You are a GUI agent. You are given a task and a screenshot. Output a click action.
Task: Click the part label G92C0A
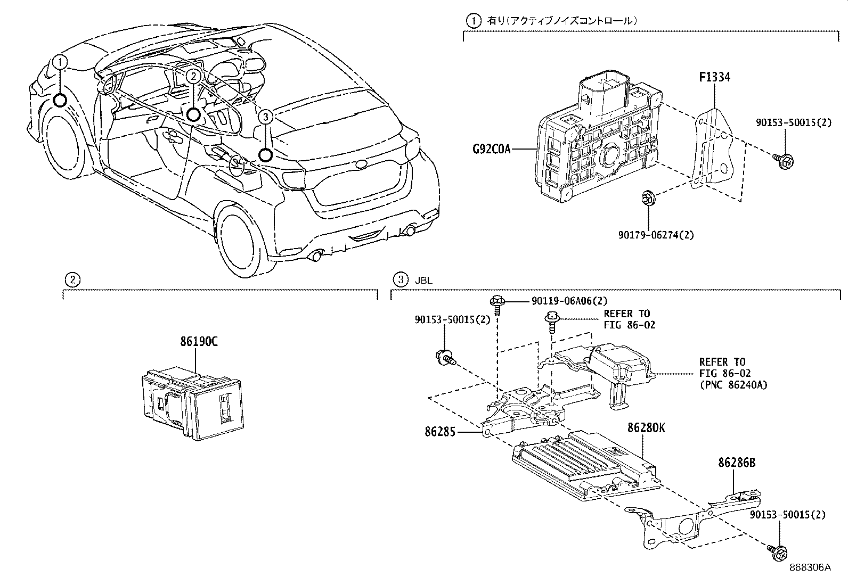click(x=492, y=150)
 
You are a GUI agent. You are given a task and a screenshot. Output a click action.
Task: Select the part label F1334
click(x=714, y=77)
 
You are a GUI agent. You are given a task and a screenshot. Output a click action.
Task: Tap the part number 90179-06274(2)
click(x=656, y=235)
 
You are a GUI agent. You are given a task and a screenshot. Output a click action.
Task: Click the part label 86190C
click(x=199, y=342)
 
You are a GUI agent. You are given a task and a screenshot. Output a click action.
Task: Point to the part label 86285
click(x=440, y=432)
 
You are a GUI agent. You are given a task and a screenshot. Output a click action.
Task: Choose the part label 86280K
click(x=646, y=428)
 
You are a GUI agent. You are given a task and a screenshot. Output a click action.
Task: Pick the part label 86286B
click(x=737, y=463)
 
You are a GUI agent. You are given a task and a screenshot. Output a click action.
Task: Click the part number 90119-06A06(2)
click(x=569, y=301)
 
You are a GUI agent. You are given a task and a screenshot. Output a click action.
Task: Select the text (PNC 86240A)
click(x=733, y=385)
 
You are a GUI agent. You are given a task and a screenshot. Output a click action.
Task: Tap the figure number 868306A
click(x=810, y=567)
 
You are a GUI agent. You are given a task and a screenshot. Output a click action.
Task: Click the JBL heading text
click(x=423, y=281)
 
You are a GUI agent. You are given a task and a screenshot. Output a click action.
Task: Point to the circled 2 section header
click(x=72, y=279)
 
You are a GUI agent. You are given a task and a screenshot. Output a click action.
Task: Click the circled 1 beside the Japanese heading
click(x=473, y=21)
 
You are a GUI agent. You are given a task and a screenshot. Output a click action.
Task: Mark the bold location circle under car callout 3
click(x=265, y=155)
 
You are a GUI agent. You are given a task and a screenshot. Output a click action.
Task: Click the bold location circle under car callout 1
click(x=60, y=101)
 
